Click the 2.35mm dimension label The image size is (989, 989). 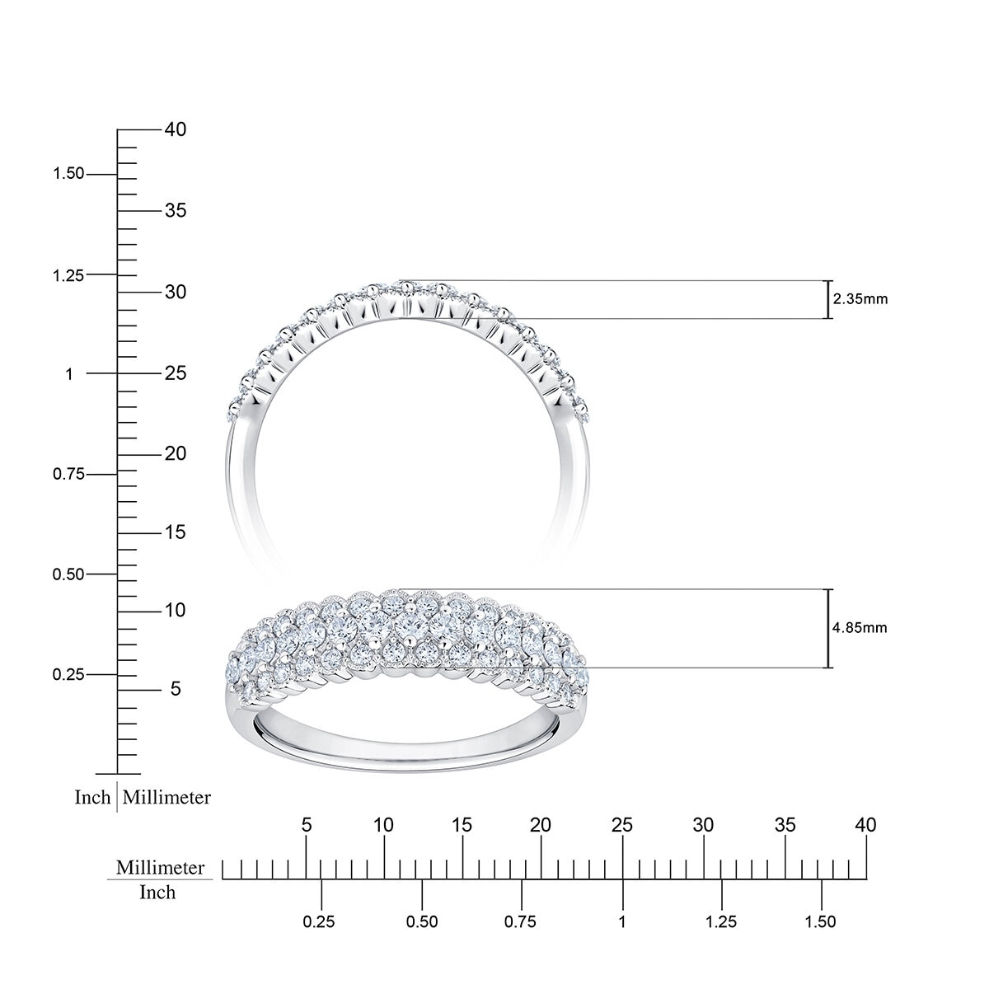pos(860,299)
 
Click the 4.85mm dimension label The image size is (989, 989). pos(860,628)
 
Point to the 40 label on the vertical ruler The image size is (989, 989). pos(175,129)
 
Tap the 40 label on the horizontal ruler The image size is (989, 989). pos(865,825)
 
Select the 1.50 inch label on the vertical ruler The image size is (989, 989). pos(68,174)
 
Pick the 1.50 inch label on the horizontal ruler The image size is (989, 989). pos(821,922)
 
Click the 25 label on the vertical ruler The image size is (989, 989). pos(175,373)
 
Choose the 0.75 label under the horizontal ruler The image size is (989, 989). pos(521,922)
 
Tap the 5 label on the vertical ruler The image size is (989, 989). pos(175,689)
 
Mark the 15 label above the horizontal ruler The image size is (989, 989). pos(462,825)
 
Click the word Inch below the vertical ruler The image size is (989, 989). pos(92,798)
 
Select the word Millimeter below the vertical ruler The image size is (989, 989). pos(167,798)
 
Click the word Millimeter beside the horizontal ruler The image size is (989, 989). pos(160,868)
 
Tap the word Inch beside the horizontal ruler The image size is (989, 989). pos(157,893)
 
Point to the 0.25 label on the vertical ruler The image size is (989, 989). pos(68,675)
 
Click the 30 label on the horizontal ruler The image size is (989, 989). pos(703,825)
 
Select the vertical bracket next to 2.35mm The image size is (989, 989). pos(827,300)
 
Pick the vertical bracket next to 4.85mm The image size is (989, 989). pos(827,628)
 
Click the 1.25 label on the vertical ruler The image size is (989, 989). pos(68,275)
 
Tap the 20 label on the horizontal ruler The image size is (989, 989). pos(541,825)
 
